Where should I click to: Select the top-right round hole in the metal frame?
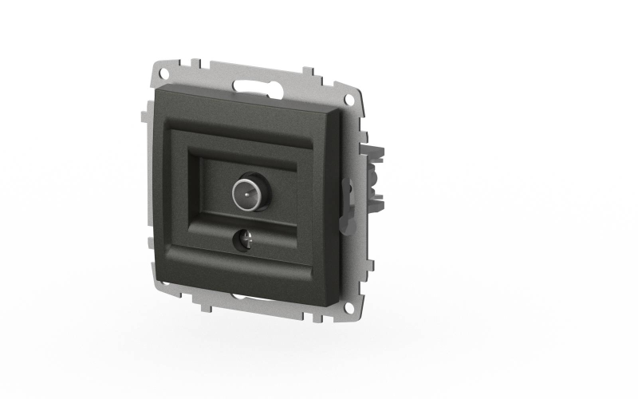pos(348,98)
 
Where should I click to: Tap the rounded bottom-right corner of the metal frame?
pos(364,315)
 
